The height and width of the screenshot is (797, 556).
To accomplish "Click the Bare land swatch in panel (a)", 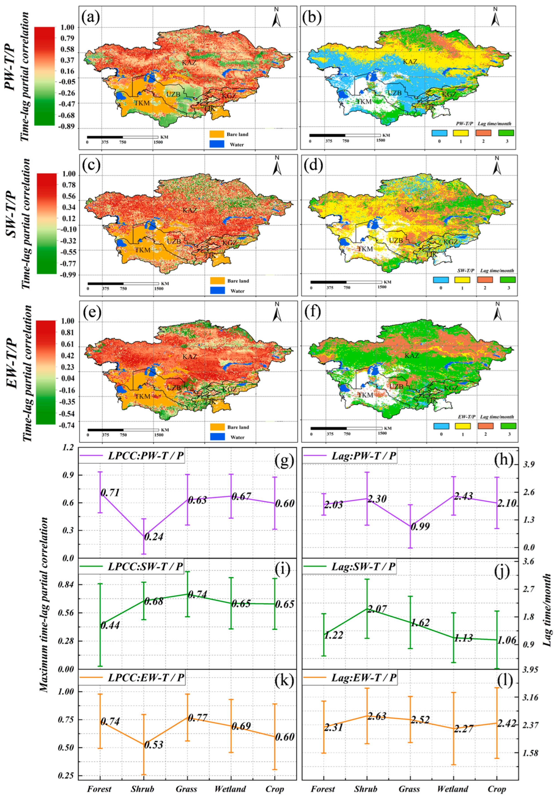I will pyautogui.click(x=217, y=134).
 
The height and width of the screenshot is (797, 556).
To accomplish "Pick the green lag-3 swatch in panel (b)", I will pyautogui.click(x=506, y=133).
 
